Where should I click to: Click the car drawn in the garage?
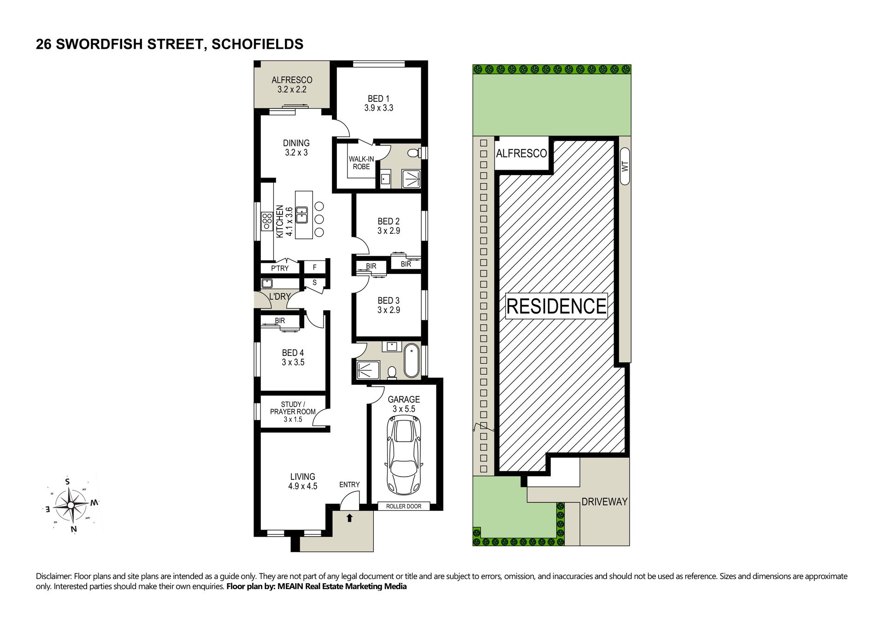tap(404, 455)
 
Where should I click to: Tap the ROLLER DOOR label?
tap(404, 506)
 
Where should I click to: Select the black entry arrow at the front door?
tap(349, 518)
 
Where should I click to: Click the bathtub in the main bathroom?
tap(412, 360)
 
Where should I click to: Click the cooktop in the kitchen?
tap(267, 221)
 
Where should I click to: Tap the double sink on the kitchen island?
tap(302, 215)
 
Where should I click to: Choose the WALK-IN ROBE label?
tap(361, 163)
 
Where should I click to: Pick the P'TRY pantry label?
tap(280, 268)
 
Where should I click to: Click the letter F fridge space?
tap(315, 267)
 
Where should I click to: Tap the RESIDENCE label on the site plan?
tap(556, 306)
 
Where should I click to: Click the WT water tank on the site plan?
tap(625, 166)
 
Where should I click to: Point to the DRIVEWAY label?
tap(604, 502)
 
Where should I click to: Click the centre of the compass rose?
tap(71, 505)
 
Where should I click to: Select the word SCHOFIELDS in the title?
tap(257, 44)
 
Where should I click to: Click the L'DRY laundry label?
tap(279, 296)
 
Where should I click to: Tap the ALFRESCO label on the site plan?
tap(521, 154)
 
